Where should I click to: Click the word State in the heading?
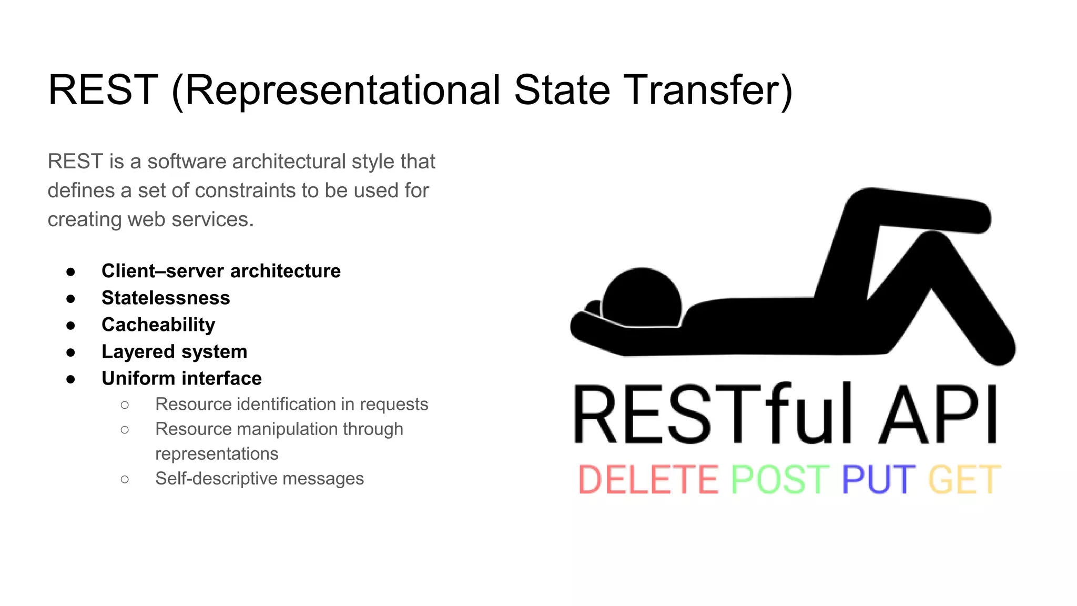click(x=562, y=90)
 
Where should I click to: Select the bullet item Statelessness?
click(x=166, y=298)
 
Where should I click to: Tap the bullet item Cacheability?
click(x=158, y=325)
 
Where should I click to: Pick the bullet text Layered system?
click(x=174, y=351)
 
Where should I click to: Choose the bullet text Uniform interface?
click(x=181, y=378)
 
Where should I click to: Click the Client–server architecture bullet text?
click(x=221, y=271)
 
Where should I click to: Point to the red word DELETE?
click(x=648, y=480)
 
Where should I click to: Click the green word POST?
click(x=780, y=480)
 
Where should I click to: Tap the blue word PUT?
click(x=878, y=480)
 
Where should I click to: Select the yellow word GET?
click(x=964, y=480)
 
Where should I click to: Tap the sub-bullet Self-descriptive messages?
click(x=259, y=479)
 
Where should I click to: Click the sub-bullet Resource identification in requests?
click(x=291, y=404)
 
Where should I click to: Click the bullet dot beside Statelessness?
click(x=71, y=299)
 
